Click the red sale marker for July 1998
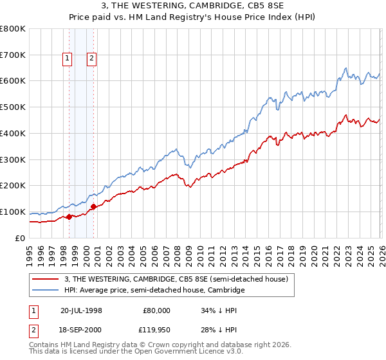[69, 217]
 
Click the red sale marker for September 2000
[94, 206]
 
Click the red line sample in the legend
[47, 280]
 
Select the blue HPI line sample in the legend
[47, 291]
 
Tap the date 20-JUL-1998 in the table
[81, 310]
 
